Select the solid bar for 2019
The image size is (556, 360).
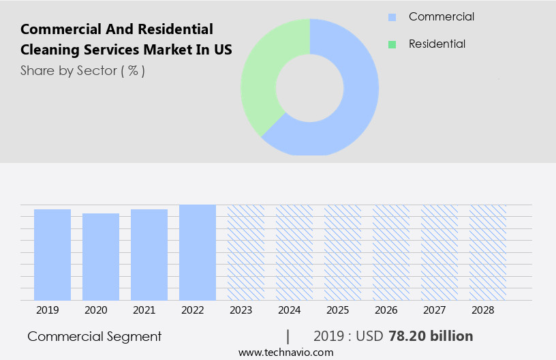(x=52, y=254)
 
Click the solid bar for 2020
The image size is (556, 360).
(x=101, y=256)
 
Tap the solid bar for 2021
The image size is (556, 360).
(x=149, y=254)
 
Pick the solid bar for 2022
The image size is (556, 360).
(x=198, y=252)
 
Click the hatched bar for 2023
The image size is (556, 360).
(x=246, y=252)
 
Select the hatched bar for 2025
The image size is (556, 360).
(x=343, y=252)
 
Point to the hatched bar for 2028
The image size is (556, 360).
(x=488, y=252)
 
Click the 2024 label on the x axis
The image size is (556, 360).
(x=290, y=310)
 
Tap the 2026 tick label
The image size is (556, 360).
(x=386, y=310)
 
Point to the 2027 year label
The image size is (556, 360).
(x=435, y=310)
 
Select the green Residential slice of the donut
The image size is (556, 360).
(x=262, y=75)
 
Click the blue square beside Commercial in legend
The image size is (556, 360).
(x=392, y=17)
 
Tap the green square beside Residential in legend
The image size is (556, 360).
(x=392, y=44)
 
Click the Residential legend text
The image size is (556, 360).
(x=437, y=44)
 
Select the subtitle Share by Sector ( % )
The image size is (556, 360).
(x=82, y=70)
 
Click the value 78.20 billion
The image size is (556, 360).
(x=431, y=336)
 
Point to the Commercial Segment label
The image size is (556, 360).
(x=95, y=336)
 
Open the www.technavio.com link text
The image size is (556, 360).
(x=285, y=352)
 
